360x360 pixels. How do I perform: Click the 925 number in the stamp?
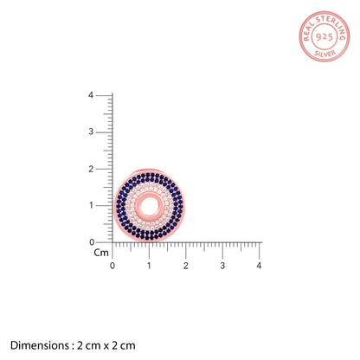[325, 37]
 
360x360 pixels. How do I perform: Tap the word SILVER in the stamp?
[325, 54]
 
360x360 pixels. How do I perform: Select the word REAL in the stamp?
[308, 31]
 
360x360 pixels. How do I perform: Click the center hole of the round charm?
[150, 206]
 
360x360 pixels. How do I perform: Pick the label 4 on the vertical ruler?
[91, 95]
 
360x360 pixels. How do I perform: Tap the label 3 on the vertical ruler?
[91, 132]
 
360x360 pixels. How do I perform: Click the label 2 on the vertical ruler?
[91, 169]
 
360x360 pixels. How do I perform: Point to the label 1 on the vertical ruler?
[91, 205]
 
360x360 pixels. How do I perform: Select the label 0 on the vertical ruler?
[92, 242]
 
